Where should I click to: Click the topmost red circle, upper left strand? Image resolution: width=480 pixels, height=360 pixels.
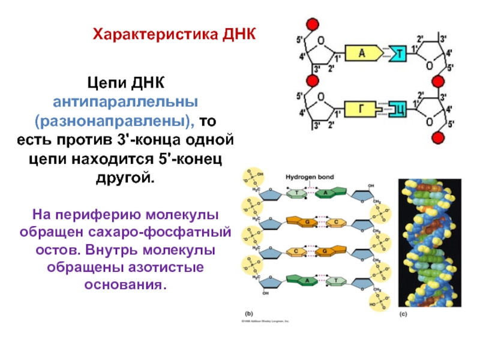[312, 25]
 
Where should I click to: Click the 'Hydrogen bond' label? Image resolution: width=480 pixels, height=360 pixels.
[309, 177]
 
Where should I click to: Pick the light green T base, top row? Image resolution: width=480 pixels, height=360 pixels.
[297, 193]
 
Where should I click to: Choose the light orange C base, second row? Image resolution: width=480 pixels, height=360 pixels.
[337, 222]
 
